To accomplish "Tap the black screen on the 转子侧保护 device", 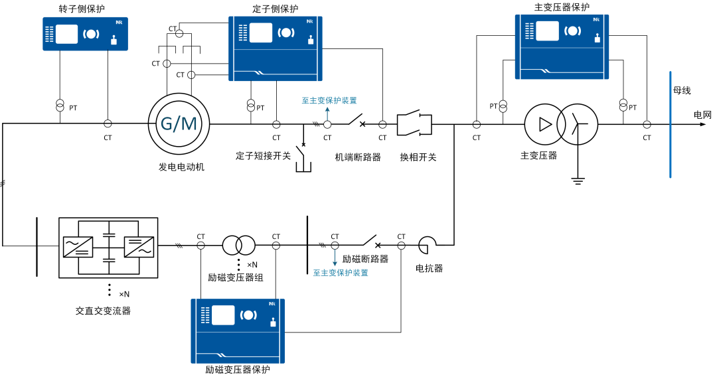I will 67,33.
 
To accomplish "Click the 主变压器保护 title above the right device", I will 562,7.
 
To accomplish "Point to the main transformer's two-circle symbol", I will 562,123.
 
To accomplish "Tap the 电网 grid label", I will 703,115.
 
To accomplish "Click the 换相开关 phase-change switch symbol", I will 414,123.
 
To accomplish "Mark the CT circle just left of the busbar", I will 647,123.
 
